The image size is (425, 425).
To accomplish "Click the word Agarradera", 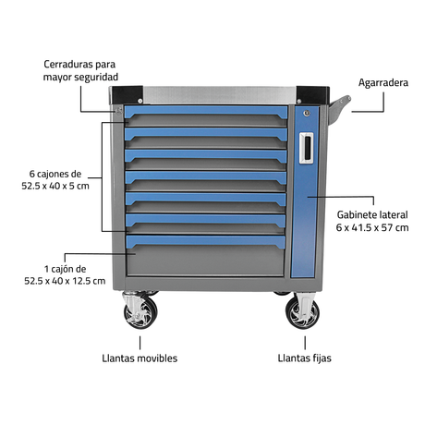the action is [383, 82].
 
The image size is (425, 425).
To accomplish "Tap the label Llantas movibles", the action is [140, 358].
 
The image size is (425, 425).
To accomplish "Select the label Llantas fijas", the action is [304, 358].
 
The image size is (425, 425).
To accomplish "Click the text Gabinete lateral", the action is [372, 214].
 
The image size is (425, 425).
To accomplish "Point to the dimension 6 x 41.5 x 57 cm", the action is [372, 227].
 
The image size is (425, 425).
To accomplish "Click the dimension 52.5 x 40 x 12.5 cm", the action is [65, 281].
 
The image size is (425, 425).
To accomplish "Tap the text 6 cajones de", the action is [55, 174].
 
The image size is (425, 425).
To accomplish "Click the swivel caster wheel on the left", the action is [140, 311].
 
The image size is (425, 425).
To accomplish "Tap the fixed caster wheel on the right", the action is [302, 311].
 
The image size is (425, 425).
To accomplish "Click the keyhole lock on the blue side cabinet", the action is [307, 114].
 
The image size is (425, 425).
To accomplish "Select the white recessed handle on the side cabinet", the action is [307, 148].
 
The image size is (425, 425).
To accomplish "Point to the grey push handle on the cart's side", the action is [339, 109].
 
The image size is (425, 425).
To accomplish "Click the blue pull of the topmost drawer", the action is [206, 112].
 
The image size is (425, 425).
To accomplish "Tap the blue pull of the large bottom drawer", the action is [206, 241].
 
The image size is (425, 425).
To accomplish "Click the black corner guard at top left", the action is [127, 95].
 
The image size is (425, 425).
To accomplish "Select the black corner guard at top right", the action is [313, 95].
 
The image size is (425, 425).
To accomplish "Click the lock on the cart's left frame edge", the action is [118, 110].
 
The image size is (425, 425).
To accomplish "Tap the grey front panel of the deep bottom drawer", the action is [205, 261].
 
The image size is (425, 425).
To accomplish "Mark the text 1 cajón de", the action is [65, 269].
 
